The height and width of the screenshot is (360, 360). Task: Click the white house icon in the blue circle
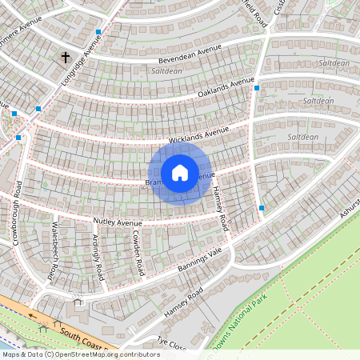180,172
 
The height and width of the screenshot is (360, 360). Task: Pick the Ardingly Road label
98,257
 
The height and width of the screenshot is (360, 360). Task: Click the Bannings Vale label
199,261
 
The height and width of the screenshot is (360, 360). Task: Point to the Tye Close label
171,344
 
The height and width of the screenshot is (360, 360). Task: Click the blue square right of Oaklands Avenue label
256,88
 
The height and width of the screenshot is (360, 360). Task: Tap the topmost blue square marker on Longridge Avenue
98,33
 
